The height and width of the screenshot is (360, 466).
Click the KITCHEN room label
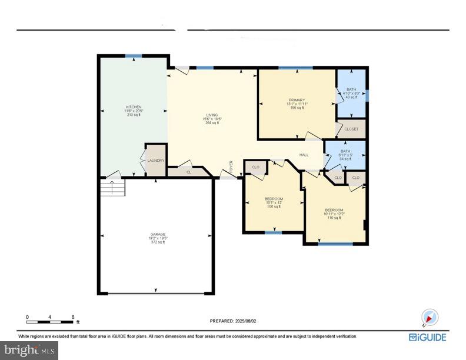click(x=134, y=107)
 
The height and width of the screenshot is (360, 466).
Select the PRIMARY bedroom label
click(x=297, y=100)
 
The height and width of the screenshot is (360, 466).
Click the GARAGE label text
click(x=157, y=234)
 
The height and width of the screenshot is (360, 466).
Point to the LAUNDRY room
click(x=155, y=161)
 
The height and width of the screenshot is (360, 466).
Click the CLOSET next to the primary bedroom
click(x=351, y=128)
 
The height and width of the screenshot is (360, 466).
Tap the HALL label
click(x=304, y=155)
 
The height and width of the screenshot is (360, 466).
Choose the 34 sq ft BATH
click(x=345, y=155)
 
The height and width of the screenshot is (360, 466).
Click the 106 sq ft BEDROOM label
click(x=274, y=199)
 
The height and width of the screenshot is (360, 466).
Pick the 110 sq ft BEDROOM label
click(x=334, y=210)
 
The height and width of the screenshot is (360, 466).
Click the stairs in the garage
click(x=113, y=189)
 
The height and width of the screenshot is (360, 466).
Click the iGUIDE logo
click(x=428, y=337)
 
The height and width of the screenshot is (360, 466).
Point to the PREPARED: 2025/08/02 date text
click(x=233, y=321)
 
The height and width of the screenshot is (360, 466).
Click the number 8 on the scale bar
click(x=72, y=317)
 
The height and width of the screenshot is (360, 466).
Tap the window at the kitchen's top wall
click(x=133, y=56)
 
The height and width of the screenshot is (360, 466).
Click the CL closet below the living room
click(x=189, y=172)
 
